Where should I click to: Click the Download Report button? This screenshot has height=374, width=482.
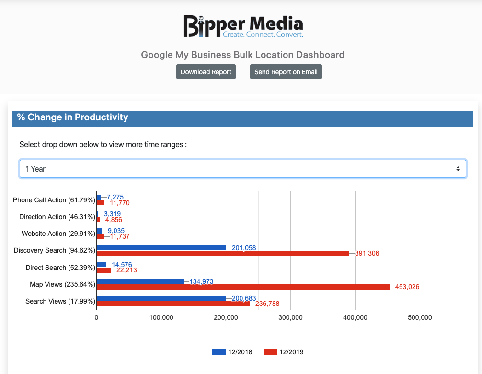click(x=206, y=72)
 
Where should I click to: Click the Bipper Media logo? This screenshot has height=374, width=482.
click(x=243, y=26)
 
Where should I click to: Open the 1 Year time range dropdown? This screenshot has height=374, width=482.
click(x=242, y=169)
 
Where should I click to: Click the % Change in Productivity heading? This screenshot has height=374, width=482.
click(x=73, y=117)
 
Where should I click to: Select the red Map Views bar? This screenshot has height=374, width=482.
click(x=243, y=287)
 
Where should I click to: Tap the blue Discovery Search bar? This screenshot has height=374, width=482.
click(x=161, y=248)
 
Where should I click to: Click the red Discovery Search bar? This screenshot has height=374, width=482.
click(x=223, y=253)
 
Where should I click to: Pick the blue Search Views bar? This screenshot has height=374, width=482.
click(x=161, y=298)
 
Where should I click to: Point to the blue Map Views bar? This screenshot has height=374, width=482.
click(x=140, y=281)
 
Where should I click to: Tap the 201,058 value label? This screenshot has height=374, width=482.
click(x=244, y=248)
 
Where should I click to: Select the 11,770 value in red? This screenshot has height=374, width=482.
click(x=117, y=203)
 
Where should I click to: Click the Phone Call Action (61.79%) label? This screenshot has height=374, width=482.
click(x=54, y=200)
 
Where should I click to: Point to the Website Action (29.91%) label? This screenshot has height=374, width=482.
click(x=58, y=234)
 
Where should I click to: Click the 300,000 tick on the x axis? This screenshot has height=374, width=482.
click(x=290, y=317)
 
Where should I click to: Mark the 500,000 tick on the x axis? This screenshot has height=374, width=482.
click(x=420, y=317)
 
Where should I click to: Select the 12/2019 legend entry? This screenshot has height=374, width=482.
click(x=284, y=352)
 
